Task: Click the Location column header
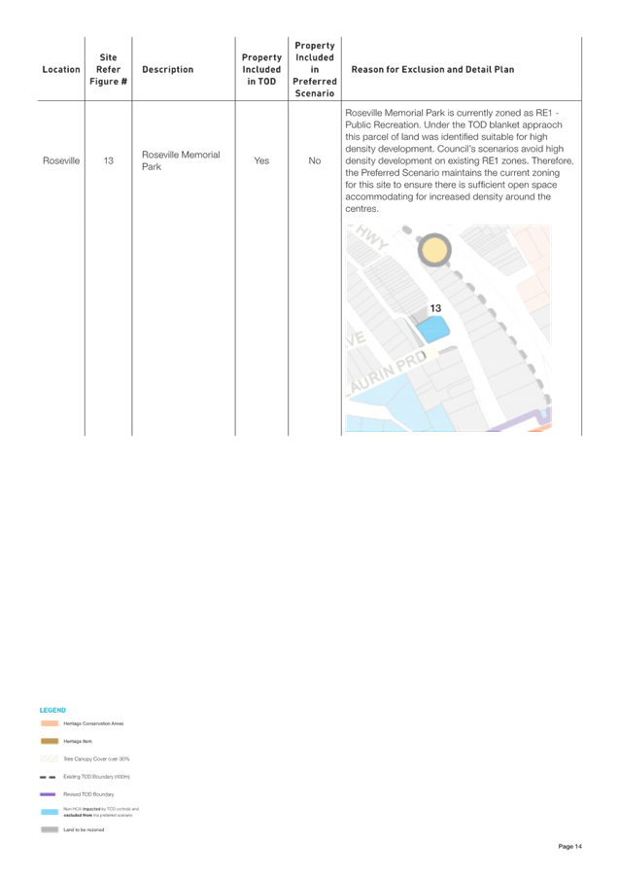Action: (61, 70)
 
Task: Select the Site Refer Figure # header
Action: (108, 70)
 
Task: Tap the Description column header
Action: (167, 70)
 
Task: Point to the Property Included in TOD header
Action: (261, 70)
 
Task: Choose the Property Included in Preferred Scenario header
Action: (315, 70)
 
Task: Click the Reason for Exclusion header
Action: (433, 70)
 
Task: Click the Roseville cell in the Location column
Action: (61, 160)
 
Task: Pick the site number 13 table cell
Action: (109, 160)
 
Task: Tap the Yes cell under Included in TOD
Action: (261, 160)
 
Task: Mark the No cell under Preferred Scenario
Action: (315, 160)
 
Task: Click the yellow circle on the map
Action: (434, 251)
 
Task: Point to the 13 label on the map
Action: (436, 307)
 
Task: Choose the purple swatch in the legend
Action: (50, 794)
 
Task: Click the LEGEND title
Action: (52, 711)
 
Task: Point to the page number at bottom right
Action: (570, 847)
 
